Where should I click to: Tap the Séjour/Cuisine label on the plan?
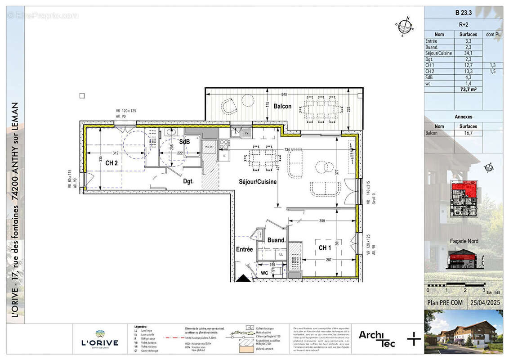pyautogui.click(x=257, y=182)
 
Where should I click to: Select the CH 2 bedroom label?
pyautogui.click(x=112, y=163)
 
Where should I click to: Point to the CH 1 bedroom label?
pyautogui.click(x=325, y=248)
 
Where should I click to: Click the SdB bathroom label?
pyautogui.click(x=185, y=142)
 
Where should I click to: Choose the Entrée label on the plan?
pyautogui.click(x=244, y=249)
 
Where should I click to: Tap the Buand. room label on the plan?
pyautogui.click(x=277, y=240)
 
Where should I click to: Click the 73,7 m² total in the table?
pyautogui.click(x=468, y=90)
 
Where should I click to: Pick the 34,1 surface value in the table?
pyautogui.click(x=468, y=53)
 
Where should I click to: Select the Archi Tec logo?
pyautogui.click(x=377, y=338)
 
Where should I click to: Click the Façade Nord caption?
pyautogui.click(x=464, y=241)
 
